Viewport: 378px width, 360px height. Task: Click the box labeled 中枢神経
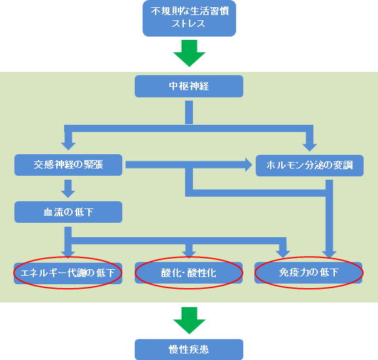click(x=189, y=86)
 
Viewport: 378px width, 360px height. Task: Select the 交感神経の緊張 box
click(x=68, y=165)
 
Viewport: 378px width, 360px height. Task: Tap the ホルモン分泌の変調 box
click(x=309, y=165)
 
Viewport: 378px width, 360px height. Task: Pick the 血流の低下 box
click(x=68, y=212)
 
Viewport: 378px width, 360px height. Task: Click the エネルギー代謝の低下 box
click(x=68, y=273)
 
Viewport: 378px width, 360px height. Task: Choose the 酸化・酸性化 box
click(x=188, y=273)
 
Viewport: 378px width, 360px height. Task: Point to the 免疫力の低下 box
click(x=308, y=272)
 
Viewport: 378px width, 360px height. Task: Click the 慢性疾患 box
click(x=189, y=350)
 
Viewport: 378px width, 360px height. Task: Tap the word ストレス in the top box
click(x=188, y=24)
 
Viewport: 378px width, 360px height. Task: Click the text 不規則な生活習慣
click(x=190, y=11)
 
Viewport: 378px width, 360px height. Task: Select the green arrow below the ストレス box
click(x=189, y=53)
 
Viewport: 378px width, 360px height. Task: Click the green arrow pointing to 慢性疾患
click(x=189, y=321)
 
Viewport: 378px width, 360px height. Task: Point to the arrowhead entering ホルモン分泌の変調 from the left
click(x=249, y=165)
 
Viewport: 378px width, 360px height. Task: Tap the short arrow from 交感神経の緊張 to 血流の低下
click(x=68, y=189)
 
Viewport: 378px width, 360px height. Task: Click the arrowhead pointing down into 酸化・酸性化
click(x=189, y=254)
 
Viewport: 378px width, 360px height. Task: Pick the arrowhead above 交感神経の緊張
click(x=68, y=146)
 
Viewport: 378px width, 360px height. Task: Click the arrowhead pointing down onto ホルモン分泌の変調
click(x=309, y=148)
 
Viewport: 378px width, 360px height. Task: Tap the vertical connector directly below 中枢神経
click(x=189, y=112)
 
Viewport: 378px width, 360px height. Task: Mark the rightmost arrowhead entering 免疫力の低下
click(x=330, y=254)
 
